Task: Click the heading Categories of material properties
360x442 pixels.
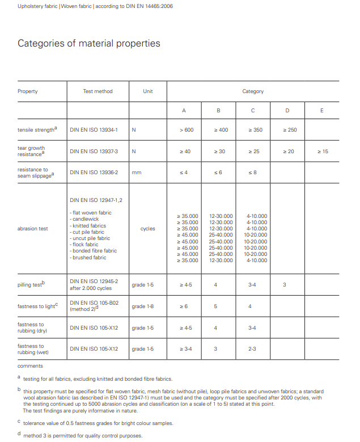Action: click(89, 44)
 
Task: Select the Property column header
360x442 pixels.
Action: click(28, 91)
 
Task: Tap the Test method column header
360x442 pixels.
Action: click(98, 91)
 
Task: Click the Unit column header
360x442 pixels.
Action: click(148, 91)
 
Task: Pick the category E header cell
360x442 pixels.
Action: click(321, 111)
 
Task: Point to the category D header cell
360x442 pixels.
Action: click(287, 111)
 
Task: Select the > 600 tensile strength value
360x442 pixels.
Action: click(187, 130)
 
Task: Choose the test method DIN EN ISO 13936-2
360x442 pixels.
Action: click(94, 172)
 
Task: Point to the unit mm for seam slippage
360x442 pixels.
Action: click(136, 172)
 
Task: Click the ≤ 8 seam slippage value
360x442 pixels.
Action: click(253, 172)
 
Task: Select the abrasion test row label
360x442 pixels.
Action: click(33, 229)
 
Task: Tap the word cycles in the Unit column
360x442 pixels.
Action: click(147, 229)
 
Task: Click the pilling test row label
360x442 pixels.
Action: click(31, 284)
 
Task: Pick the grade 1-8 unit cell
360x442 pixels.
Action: click(142, 306)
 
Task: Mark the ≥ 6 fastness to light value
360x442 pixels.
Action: click(184, 306)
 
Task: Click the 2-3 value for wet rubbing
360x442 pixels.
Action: click(252, 349)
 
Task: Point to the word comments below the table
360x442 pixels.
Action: click(30, 367)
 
